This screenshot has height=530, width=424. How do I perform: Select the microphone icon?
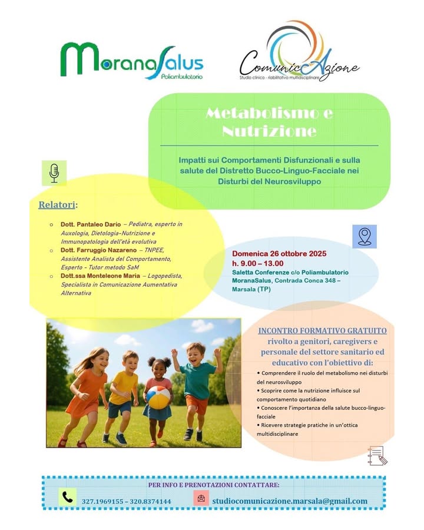(x=54, y=172)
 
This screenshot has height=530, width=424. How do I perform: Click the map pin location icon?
(x=364, y=236)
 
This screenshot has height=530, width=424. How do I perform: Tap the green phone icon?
(x=68, y=498)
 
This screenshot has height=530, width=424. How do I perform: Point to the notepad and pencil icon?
(x=377, y=455)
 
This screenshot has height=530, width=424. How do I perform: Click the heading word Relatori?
(x=58, y=205)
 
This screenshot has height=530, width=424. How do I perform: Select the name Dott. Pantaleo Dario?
(x=90, y=224)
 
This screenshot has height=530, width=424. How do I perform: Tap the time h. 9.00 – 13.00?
(x=257, y=263)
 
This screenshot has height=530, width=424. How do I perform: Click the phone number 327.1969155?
(x=104, y=501)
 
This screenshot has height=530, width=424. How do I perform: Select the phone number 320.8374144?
(x=150, y=501)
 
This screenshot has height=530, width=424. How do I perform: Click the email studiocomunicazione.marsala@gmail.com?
(x=290, y=501)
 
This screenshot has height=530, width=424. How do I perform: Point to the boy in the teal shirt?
(x=197, y=386)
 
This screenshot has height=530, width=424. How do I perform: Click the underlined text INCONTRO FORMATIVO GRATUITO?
(x=322, y=330)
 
